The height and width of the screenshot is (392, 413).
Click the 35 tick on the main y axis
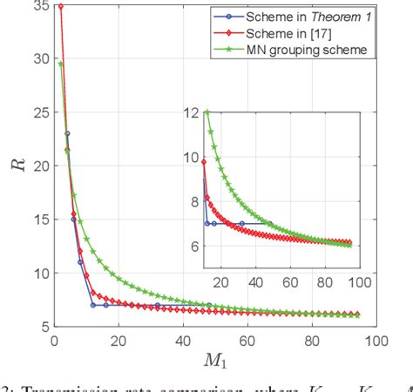point(39,6)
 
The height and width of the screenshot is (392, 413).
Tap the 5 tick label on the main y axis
point(43,326)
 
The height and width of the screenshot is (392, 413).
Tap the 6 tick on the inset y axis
point(192,247)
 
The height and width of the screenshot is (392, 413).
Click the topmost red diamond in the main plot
point(60,7)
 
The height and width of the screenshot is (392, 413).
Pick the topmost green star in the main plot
point(60,64)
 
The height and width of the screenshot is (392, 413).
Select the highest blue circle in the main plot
point(67,133)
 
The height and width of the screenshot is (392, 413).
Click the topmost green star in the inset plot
point(206,112)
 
